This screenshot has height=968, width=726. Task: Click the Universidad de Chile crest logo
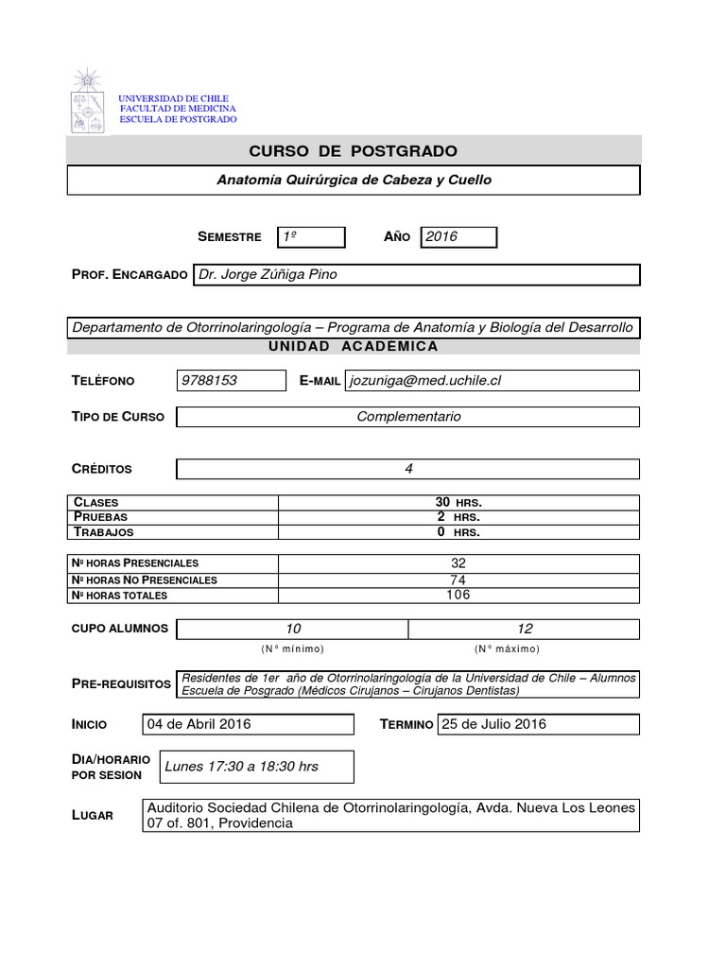[89, 100]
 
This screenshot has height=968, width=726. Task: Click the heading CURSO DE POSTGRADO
[353, 151]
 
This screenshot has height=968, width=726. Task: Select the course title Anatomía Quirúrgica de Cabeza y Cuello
[354, 180]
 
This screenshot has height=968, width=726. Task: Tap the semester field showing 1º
[310, 237]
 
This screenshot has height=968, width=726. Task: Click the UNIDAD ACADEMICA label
[353, 347]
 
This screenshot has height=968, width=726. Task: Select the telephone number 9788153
[209, 380]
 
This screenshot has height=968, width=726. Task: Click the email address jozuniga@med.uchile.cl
[425, 380]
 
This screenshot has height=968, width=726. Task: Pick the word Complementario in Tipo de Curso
[408, 417]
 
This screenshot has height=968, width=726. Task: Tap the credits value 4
[408, 469]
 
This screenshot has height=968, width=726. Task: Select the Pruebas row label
[100, 517]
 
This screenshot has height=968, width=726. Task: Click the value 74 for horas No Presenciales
[458, 579]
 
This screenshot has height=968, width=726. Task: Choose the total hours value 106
[458, 595]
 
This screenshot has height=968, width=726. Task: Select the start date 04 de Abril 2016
[199, 724]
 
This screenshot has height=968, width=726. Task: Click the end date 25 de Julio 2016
[493, 724]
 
